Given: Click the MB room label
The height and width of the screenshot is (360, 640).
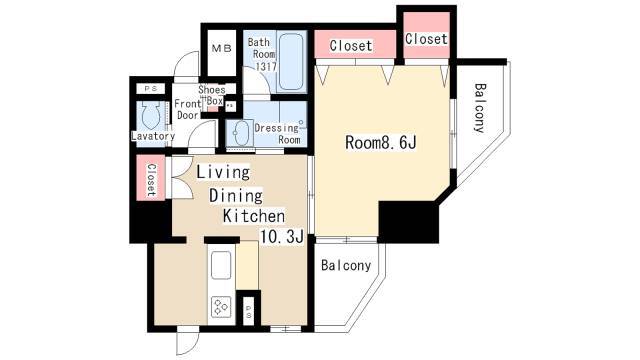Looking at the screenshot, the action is pyautogui.click(x=222, y=49).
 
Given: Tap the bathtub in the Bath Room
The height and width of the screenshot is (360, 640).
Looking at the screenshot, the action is pyautogui.click(x=291, y=62).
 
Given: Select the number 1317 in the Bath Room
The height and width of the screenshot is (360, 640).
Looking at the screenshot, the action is pyautogui.click(x=266, y=67).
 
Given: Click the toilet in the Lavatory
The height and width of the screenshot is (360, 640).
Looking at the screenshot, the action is pyautogui.click(x=149, y=115).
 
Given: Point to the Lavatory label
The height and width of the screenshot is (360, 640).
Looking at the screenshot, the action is pyautogui.click(x=153, y=136).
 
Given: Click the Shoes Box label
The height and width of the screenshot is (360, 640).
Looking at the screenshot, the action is pyautogui.click(x=212, y=95).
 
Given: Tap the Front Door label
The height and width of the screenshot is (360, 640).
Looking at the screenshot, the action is pyautogui.click(x=187, y=109).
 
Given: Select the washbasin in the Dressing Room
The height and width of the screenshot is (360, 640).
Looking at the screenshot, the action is pyautogui.click(x=241, y=133).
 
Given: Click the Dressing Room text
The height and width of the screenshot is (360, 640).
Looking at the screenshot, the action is pyautogui.click(x=278, y=134).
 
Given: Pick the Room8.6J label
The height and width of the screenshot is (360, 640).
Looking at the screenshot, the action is pyautogui.click(x=381, y=142).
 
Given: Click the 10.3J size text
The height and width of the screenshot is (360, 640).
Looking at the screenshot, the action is pyautogui.click(x=282, y=236).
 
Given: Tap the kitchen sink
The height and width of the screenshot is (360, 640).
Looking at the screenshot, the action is pyautogui.click(x=220, y=265).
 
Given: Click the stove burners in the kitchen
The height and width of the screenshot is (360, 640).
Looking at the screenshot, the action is pyautogui.click(x=221, y=307).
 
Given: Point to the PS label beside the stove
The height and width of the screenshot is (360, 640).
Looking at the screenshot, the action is pyautogui.click(x=249, y=312).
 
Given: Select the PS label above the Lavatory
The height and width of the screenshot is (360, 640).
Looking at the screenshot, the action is pyautogui.click(x=150, y=88).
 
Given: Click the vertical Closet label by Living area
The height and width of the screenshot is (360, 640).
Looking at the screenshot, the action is pyautogui.click(x=151, y=180).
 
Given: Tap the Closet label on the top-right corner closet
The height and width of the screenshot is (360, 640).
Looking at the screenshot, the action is pyautogui.click(x=427, y=39).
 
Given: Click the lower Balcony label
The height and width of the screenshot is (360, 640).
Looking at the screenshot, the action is pyautogui.click(x=346, y=265).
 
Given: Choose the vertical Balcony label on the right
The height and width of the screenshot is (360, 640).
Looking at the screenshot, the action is pyautogui.click(x=480, y=108).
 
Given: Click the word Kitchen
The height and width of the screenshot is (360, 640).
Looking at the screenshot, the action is pyautogui.click(x=254, y=216).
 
